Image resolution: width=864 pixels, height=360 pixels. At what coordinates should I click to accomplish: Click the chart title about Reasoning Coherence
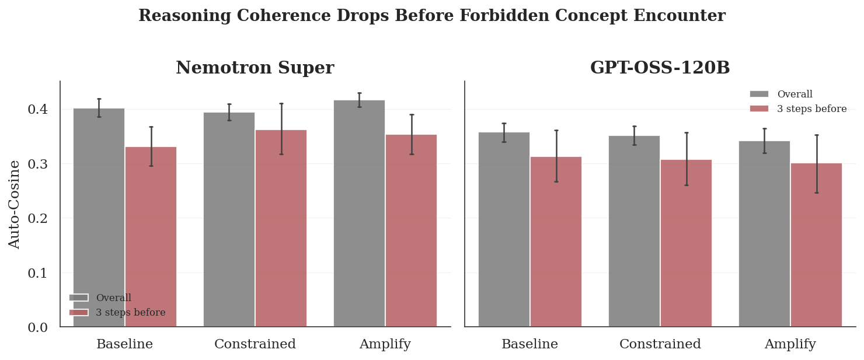tap(431, 16)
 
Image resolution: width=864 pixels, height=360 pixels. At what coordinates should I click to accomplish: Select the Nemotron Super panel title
tap(255, 68)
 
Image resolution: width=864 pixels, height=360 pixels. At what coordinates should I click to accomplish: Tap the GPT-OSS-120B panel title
tap(660, 68)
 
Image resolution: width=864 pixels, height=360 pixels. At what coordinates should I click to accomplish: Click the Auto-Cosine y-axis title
tap(15, 204)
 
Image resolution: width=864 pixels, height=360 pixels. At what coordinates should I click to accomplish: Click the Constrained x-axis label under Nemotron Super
tap(255, 344)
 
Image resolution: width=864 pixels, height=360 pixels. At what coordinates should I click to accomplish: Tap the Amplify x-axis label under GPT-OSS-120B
tap(790, 344)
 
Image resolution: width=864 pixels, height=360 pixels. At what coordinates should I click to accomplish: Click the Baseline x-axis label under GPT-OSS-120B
tap(529, 344)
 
